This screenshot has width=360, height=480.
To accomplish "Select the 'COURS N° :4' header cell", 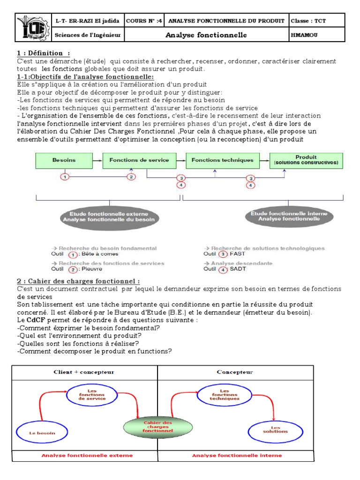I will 145,21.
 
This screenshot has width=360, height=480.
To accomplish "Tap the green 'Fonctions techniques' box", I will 223,160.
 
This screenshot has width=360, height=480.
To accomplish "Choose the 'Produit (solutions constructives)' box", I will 306,160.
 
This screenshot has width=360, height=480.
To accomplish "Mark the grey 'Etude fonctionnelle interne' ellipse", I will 289,216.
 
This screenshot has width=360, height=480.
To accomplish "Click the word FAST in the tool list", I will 238,254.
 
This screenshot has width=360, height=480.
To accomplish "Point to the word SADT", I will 238,269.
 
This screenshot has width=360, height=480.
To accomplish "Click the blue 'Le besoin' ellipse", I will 40,433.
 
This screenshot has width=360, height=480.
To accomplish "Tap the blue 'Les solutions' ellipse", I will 275,428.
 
